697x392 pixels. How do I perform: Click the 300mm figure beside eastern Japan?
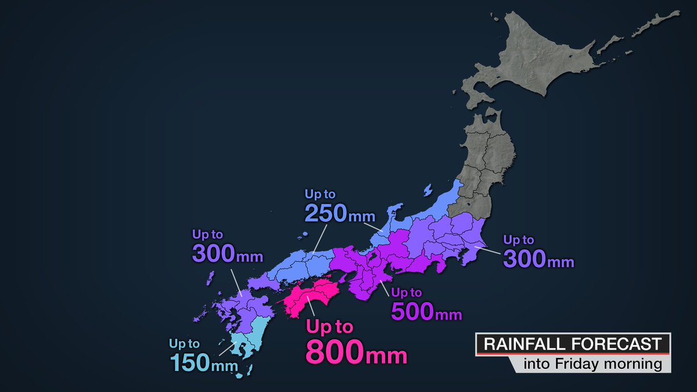click(x=538, y=259)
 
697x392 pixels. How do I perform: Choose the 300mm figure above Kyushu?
click(x=227, y=254)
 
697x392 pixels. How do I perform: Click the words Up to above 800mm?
click(x=329, y=327)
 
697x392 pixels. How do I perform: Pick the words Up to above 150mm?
click(x=184, y=344)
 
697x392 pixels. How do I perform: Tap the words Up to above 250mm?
click(x=319, y=194)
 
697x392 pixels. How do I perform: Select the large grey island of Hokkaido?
click(x=540, y=64)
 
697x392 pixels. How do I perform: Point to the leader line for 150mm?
click(x=227, y=349)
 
